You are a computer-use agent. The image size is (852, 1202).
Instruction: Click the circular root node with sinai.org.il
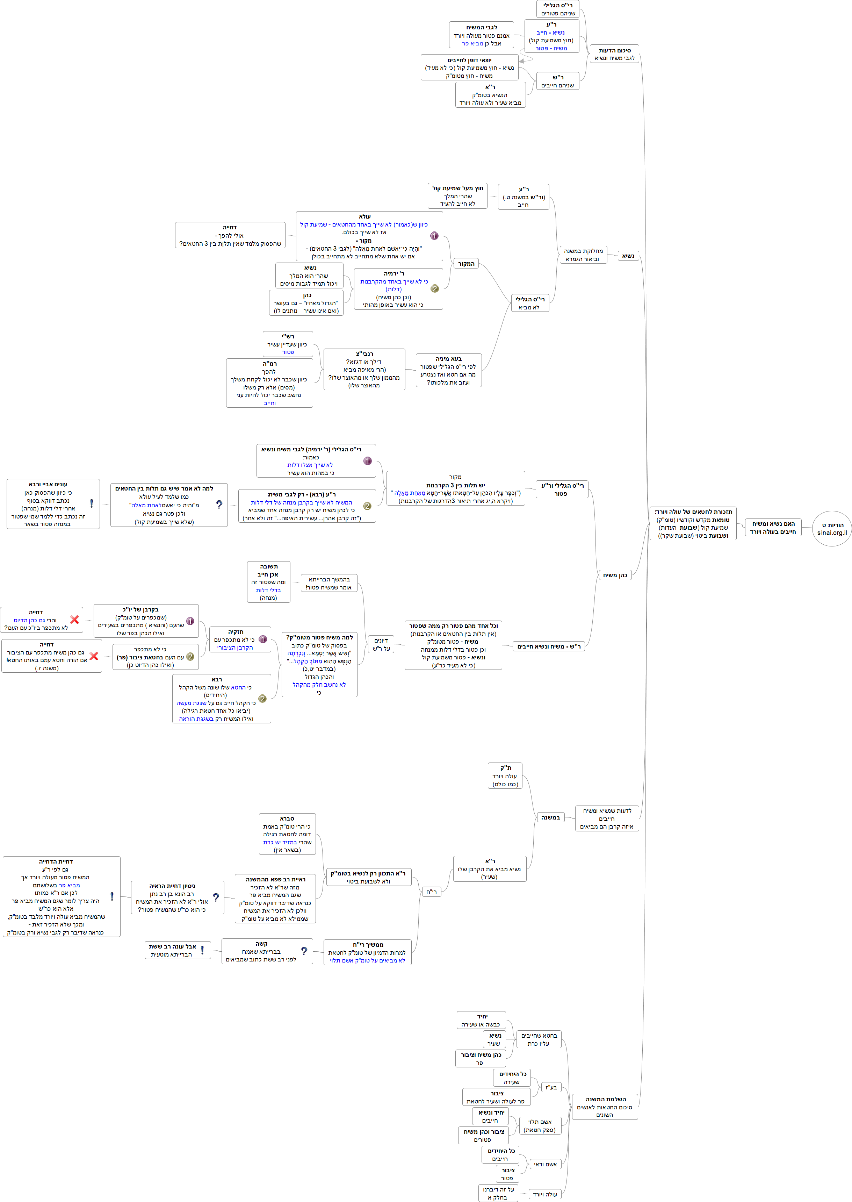(832, 529)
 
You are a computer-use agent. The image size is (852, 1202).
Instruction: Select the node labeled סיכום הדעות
(614, 54)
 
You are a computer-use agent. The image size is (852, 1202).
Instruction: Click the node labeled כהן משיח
(615, 575)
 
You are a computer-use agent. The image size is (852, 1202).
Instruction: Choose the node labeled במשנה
(550, 817)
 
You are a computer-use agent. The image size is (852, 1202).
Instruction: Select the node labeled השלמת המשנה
(605, 1107)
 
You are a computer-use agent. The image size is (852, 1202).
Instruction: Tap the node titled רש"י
(288, 344)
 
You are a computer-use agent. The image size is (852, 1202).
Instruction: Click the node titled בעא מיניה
(449, 370)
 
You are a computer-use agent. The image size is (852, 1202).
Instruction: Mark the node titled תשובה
(269, 581)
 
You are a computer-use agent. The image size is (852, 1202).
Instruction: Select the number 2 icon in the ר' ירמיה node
(434, 289)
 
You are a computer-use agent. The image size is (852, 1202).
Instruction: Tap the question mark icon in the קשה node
(304, 951)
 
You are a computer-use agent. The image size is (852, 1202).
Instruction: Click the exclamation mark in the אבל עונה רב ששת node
(202, 950)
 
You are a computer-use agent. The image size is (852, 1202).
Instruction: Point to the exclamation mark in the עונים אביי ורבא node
(92, 503)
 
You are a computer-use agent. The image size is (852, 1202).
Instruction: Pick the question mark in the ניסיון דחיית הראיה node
(216, 897)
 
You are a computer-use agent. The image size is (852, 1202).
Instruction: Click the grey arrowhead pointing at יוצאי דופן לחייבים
(522, 61)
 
